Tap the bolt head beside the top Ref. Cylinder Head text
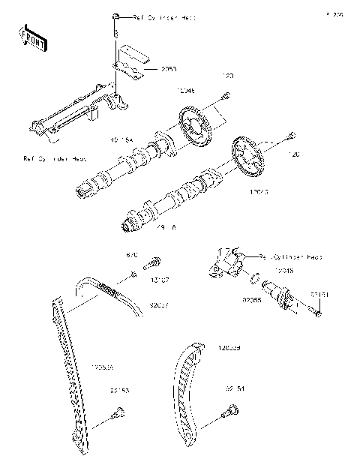[x=116, y=16]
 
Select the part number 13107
[x=160, y=280]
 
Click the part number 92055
[x=229, y=298]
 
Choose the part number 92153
[x=119, y=390]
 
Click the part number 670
[x=132, y=256]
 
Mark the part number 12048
[x=283, y=269]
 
